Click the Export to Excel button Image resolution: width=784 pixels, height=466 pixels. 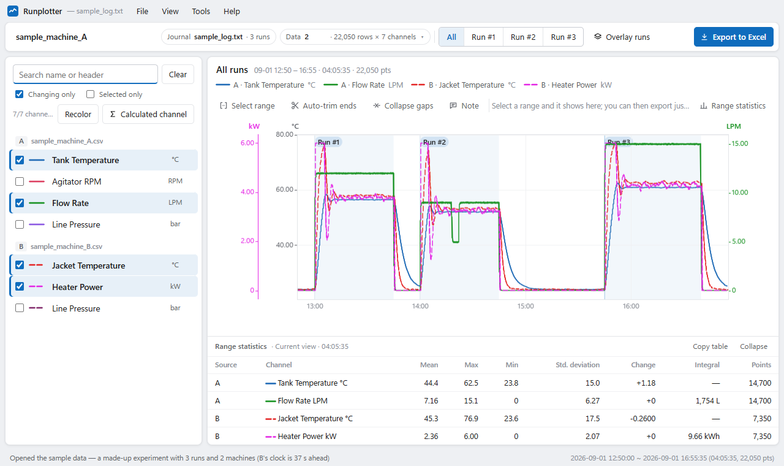[x=733, y=37]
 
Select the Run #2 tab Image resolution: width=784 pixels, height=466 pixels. [x=523, y=37]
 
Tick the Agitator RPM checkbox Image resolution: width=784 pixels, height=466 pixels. [x=20, y=181]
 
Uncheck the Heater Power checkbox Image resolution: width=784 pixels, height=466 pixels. [x=20, y=286]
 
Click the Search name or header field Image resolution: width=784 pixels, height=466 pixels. [x=85, y=74]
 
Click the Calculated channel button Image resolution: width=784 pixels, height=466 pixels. [x=148, y=114]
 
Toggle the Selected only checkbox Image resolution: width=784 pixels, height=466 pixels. [x=90, y=94]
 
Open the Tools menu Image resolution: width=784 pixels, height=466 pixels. [x=201, y=11]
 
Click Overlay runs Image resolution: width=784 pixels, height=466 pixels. [x=622, y=37]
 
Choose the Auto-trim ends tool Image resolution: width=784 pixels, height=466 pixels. [x=324, y=106]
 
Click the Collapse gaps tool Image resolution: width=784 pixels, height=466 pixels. [x=403, y=106]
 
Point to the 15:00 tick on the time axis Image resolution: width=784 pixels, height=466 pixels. [x=526, y=306]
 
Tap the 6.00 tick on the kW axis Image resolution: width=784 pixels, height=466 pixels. [x=247, y=143]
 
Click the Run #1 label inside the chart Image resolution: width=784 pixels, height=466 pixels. [x=328, y=142]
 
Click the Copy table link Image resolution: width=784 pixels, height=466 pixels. [x=710, y=346]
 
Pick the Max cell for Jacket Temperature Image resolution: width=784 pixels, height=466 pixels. [x=471, y=418]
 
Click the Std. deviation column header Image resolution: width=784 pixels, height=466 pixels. [x=578, y=365]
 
